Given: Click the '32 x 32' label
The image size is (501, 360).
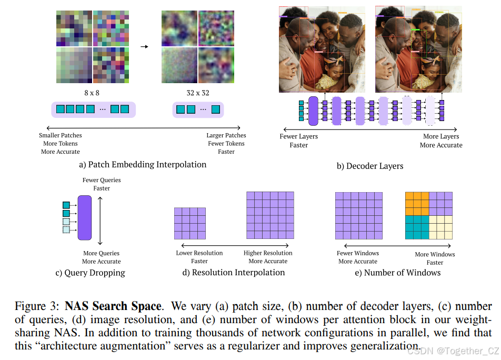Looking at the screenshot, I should tap(198, 93).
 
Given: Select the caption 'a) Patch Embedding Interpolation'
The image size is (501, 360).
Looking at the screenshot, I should tap(143, 165).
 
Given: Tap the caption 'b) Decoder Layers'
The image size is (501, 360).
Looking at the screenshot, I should tap(370, 166).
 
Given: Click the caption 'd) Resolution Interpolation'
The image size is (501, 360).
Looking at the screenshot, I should tap(233, 273).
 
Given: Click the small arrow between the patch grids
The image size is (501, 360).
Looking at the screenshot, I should tap(144, 46).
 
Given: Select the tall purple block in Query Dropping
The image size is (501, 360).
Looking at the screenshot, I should tap(85, 217).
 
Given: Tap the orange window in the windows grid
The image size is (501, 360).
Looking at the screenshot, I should tap(417, 204).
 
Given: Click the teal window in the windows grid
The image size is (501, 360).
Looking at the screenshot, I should tap(417, 227).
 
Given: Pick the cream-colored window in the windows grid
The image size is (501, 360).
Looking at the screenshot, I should tap(441, 227).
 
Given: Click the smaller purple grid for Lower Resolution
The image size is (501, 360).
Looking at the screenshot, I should tap(190, 224).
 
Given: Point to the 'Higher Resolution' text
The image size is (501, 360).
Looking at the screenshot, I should tap(268, 253).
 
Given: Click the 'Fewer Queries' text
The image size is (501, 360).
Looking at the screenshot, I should tap(102, 181).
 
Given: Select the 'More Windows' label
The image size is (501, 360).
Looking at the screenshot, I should tap(435, 254).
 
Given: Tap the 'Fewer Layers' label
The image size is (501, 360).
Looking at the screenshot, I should tap(298, 137).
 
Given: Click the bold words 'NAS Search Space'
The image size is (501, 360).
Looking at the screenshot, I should tap(113, 306).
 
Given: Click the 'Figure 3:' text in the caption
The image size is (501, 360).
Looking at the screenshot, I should tap(38, 306).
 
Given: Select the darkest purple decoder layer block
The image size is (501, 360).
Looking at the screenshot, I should tap(313, 111).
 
